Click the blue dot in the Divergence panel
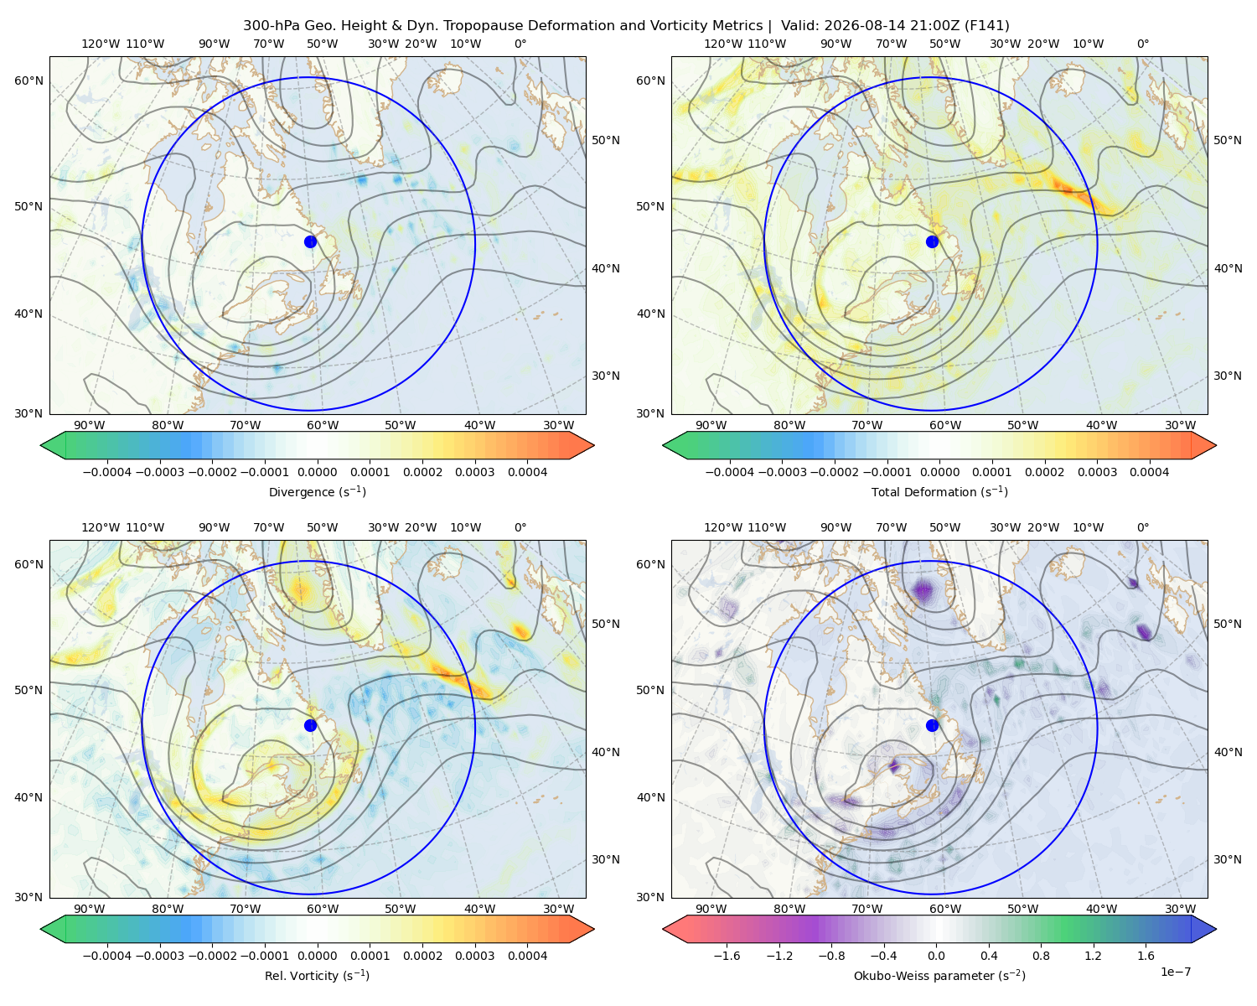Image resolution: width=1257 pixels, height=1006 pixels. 310,242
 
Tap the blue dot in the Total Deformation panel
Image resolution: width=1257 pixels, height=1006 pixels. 932,242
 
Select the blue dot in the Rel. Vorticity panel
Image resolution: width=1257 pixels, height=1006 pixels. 310,725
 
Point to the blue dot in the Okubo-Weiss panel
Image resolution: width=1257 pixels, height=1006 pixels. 932,725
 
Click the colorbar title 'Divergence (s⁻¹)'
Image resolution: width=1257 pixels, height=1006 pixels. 317,492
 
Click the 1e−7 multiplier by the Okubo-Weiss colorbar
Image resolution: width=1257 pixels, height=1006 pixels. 1175,972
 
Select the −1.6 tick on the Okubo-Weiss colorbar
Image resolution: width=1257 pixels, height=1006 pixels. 727,956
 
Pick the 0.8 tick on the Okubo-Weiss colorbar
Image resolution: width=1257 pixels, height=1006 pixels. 1041,956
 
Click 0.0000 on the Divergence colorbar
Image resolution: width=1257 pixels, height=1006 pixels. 317,472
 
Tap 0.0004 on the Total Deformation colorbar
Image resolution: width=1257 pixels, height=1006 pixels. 1150,472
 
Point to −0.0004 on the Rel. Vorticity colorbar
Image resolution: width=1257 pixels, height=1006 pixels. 107,956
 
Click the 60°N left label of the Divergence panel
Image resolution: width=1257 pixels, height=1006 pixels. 28,80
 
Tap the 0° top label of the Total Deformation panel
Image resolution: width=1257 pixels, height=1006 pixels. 1143,44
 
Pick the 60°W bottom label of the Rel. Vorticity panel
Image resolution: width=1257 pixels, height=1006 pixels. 323,909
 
